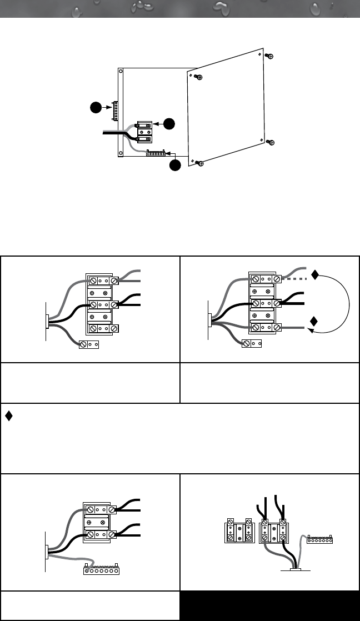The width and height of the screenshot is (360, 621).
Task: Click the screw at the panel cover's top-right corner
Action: pyautogui.click(x=269, y=57)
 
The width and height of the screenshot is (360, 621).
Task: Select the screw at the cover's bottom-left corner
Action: pyautogui.click(x=200, y=163)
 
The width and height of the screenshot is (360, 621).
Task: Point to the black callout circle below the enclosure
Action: pyautogui.click(x=175, y=165)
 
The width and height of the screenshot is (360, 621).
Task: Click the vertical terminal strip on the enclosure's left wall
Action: pyautogui.click(x=114, y=111)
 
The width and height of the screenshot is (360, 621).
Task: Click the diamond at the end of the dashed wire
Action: pyautogui.click(x=315, y=274)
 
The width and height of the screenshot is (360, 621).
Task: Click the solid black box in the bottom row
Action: pyautogui.click(x=269, y=605)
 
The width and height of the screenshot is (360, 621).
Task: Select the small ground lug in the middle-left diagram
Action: pyautogui.click(x=89, y=344)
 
